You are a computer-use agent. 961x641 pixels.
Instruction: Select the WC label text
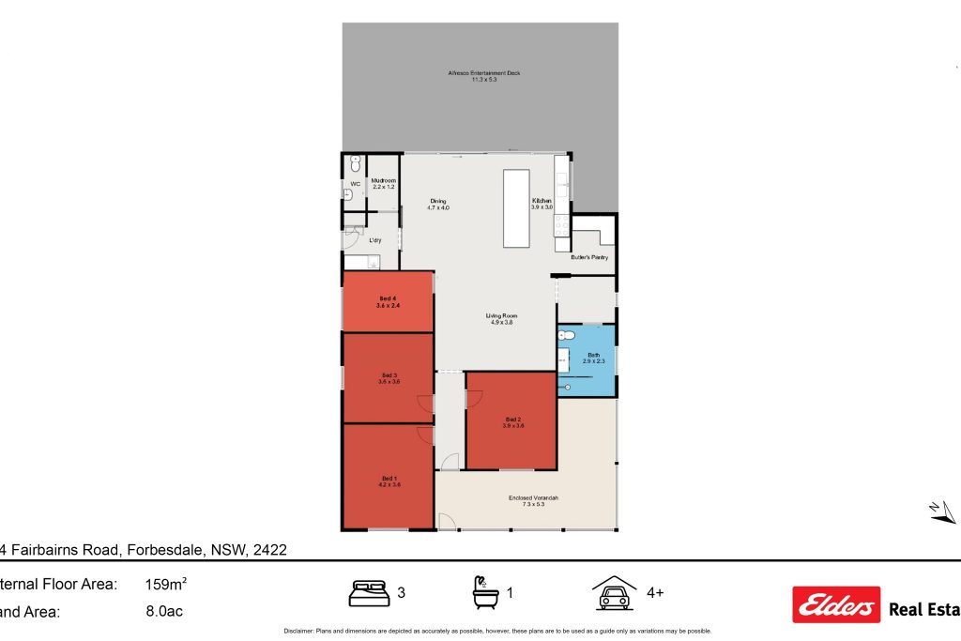(x=355, y=184)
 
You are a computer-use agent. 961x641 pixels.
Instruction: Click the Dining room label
(x=438, y=205)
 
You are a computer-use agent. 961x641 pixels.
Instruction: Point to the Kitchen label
(x=542, y=204)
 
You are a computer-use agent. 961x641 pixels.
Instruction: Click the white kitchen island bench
(x=516, y=207)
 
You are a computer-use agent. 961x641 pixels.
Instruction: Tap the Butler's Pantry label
(x=589, y=256)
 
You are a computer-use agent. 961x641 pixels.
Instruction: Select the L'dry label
(x=374, y=240)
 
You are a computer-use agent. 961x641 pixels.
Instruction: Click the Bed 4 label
(x=388, y=301)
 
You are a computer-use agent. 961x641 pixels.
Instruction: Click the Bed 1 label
(x=389, y=481)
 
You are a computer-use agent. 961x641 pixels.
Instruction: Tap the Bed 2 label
(x=512, y=421)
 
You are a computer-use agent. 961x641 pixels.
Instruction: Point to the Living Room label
(x=503, y=319)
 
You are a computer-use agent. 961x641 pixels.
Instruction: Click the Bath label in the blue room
(x=592, y=358)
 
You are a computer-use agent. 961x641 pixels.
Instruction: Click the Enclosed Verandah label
(x=533, y=500)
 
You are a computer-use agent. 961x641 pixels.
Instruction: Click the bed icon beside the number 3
(x=369, y=593)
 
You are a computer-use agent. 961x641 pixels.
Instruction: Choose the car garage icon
(x=614, y=593)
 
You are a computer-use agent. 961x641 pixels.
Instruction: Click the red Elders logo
(x=836, y=605)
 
